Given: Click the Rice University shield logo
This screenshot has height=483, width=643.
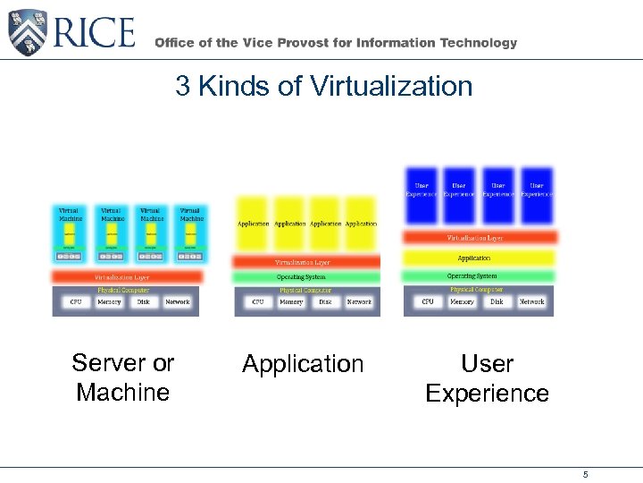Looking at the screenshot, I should click(26, 32).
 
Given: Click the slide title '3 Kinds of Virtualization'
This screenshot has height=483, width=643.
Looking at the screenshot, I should click(323, 87).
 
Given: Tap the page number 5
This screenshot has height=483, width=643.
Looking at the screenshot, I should click(586, 474).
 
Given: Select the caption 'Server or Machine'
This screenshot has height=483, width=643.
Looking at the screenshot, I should click(123, 377).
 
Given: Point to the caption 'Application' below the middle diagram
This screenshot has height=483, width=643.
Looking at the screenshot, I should click(303, 364).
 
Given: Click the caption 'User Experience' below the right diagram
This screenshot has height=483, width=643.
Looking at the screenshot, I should click(487, 378).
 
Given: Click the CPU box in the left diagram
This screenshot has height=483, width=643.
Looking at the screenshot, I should click(76, 302).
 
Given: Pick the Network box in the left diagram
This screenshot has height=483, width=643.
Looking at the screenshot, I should click(177, 302).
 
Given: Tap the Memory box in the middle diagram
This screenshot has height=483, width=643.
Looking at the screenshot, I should click(291, 302).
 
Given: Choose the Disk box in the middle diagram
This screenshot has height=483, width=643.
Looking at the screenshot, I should click(325, 302).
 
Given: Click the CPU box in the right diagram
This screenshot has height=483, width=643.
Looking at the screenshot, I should click(428, 302).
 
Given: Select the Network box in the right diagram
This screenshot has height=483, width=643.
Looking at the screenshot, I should click(531, 302).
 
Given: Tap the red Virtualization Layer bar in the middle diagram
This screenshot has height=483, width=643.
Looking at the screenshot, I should click(304, 262).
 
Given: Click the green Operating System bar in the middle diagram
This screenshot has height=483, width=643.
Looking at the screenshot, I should click(304, 277).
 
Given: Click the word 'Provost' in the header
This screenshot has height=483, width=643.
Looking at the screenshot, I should click(319, 43).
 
